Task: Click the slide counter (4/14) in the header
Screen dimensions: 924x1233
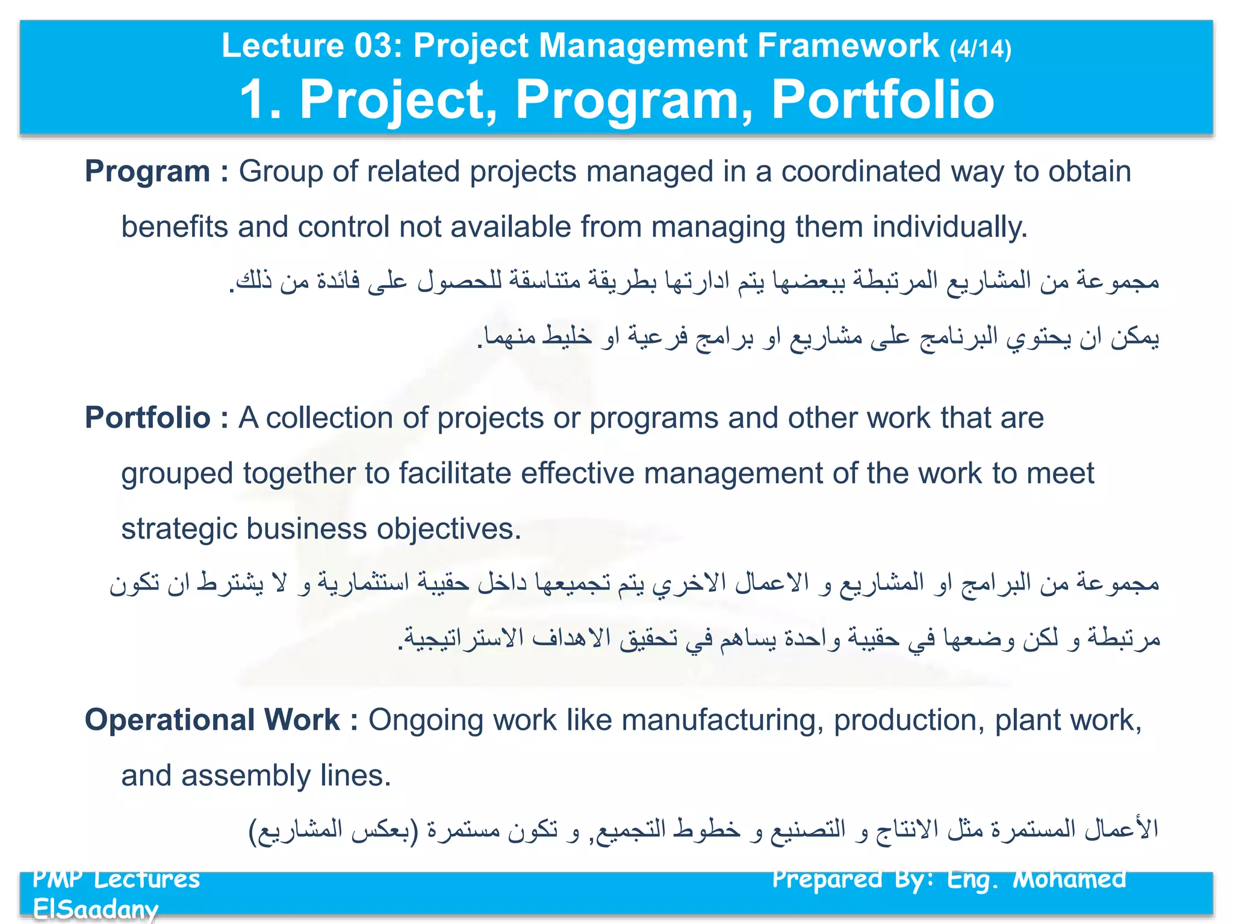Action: point(980,48)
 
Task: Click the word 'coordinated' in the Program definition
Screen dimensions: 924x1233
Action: point(861,171)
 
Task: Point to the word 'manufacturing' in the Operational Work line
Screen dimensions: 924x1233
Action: point(722,720)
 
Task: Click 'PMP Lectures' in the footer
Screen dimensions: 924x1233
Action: point(116,879)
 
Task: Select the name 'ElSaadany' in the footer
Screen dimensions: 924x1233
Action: point(95,908)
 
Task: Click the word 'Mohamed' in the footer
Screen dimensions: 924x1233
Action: point(1069,879)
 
